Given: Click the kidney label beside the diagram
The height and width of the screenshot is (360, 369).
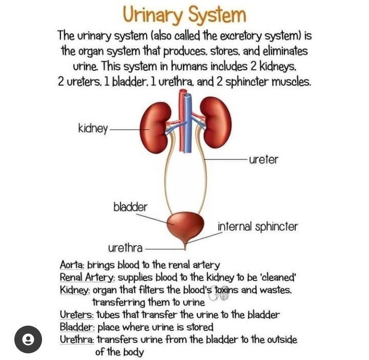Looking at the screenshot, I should pos(93,128).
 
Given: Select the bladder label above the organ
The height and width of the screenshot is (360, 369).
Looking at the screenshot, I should pos(130,207).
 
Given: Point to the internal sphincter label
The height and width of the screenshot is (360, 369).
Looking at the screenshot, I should pos(257,226).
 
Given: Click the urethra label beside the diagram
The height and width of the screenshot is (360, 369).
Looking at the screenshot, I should pos(125,249).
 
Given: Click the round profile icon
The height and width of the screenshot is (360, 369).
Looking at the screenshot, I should pos(28,339).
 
